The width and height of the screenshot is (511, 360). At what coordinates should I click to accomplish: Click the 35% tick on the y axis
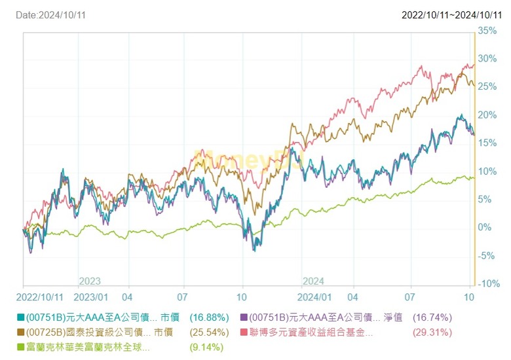point(487,30)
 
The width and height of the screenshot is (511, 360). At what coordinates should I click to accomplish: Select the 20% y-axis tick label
point(487,115)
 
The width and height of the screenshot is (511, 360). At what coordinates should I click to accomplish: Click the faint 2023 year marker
point(90,281)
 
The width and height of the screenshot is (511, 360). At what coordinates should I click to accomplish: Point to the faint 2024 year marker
point(313,281)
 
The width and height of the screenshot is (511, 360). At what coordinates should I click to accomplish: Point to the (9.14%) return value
point(206,348)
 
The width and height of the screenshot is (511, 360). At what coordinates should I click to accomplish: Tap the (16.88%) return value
point(209,317)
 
